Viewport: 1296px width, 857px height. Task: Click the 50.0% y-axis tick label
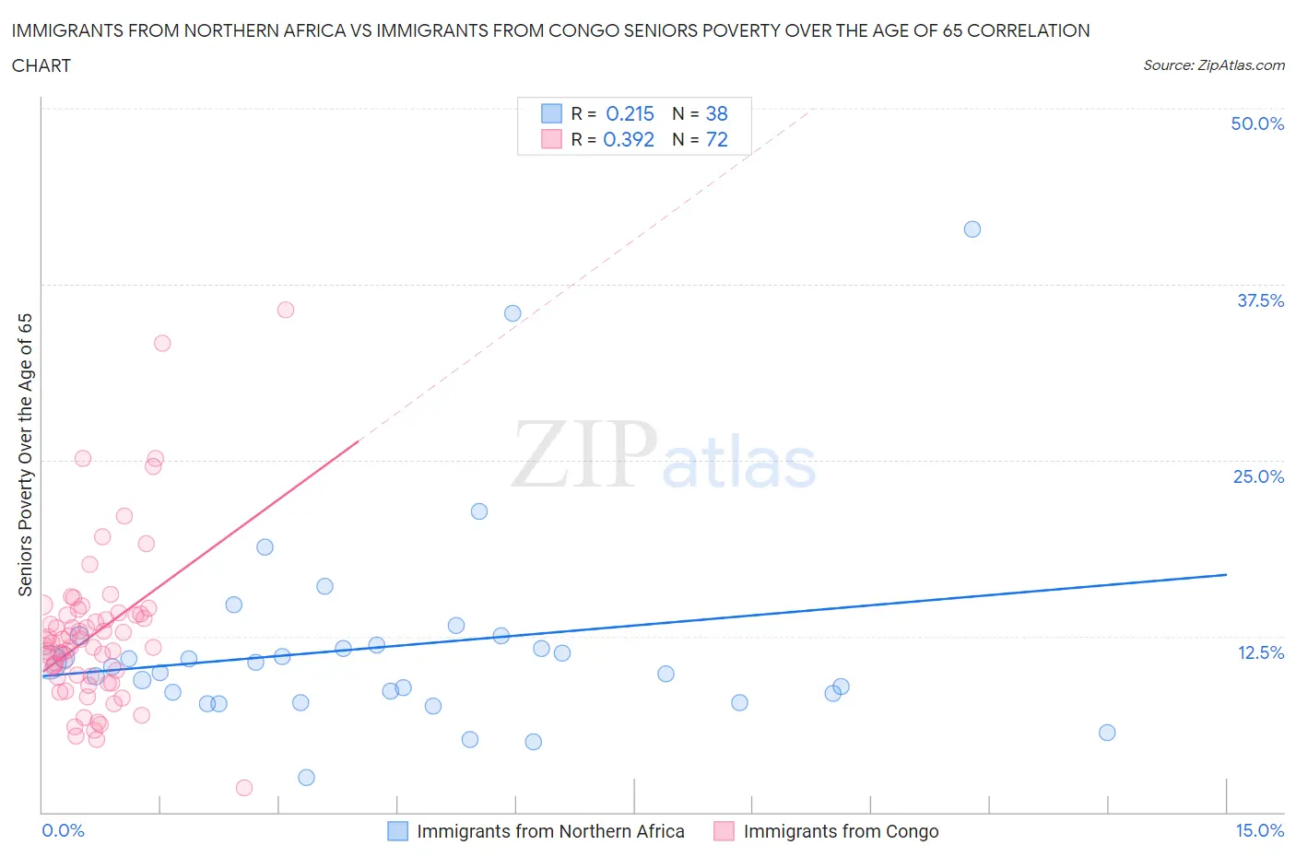(1257, 123)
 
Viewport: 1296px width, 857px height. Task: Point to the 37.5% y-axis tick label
(1260, 300)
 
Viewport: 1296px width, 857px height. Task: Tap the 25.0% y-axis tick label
(1258, 476)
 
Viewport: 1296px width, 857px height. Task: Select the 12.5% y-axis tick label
(1260, 652)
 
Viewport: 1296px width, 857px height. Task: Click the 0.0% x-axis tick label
(63, 830)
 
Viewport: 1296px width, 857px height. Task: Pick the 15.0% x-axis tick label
(1259, 830)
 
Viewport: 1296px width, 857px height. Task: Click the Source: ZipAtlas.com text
(1213, 65)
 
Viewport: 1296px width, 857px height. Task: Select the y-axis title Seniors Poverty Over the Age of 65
(25, 455)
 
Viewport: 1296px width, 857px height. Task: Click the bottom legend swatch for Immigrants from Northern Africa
(397, 831)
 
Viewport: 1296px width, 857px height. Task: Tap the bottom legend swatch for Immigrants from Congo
(724, 831)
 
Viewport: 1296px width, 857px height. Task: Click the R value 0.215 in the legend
(630, 113)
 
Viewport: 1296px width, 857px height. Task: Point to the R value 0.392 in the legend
(629, 139)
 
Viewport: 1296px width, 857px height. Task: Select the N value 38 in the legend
(716, 113)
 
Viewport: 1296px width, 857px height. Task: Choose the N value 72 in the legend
(716, 139)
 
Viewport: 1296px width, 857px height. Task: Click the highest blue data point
(972, 229)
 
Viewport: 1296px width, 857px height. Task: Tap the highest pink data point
(286, 310)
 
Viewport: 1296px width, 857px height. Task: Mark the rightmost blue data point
(1107, 733)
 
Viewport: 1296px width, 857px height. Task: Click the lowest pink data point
(244, 788)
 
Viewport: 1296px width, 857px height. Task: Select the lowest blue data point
(307, 778)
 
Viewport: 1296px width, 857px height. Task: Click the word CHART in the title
(41, 65)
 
